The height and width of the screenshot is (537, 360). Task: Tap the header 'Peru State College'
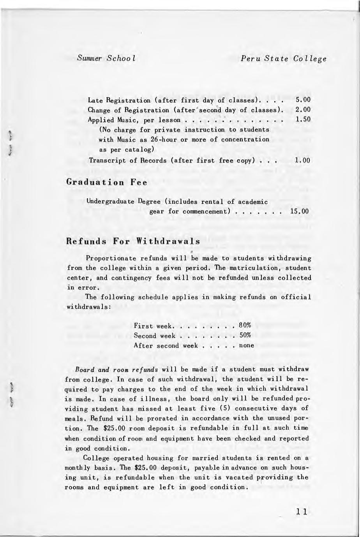[283, 59]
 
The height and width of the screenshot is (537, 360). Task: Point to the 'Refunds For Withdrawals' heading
[134, 241]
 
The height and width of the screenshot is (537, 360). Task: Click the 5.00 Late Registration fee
[303, 100]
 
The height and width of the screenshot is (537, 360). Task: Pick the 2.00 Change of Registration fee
[303, 110]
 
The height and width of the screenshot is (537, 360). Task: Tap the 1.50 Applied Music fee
[303, 120]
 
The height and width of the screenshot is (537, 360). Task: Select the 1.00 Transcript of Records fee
[303, 160]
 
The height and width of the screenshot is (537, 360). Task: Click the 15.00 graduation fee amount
[300, 211]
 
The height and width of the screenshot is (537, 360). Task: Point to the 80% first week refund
[245, 326]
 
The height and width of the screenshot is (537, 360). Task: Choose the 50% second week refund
[245, 336]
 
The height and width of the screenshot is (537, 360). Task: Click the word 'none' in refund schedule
[246, 346]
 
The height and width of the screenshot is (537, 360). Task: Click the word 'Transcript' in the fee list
[106, 160]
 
